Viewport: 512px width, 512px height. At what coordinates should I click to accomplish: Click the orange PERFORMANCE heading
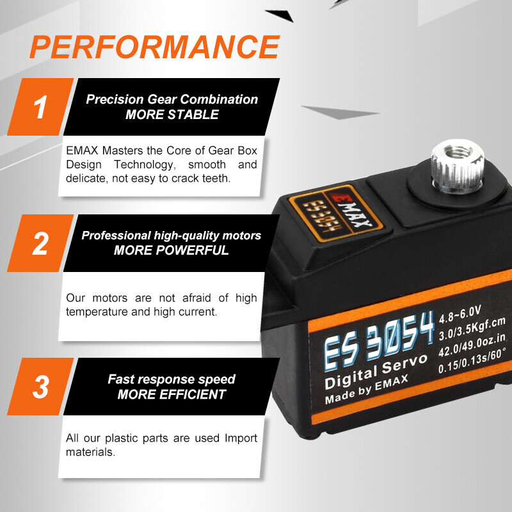(154, 47)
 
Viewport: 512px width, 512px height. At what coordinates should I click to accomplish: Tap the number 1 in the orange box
(40, 107)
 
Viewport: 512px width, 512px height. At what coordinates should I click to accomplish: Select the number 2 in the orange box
(40, 243)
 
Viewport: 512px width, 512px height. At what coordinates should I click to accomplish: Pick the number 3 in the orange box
(40, 387)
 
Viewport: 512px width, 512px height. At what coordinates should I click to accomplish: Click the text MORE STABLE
(172, 115)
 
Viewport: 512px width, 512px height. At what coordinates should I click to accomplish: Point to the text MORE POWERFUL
(171, 250)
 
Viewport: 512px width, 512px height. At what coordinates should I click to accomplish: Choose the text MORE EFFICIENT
(172, 394)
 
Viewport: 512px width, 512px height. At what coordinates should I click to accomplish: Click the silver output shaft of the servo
(457, 166)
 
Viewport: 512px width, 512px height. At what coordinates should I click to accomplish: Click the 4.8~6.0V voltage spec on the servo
(460, 314)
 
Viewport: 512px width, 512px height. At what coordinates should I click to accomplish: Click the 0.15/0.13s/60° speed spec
(472, 360)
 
